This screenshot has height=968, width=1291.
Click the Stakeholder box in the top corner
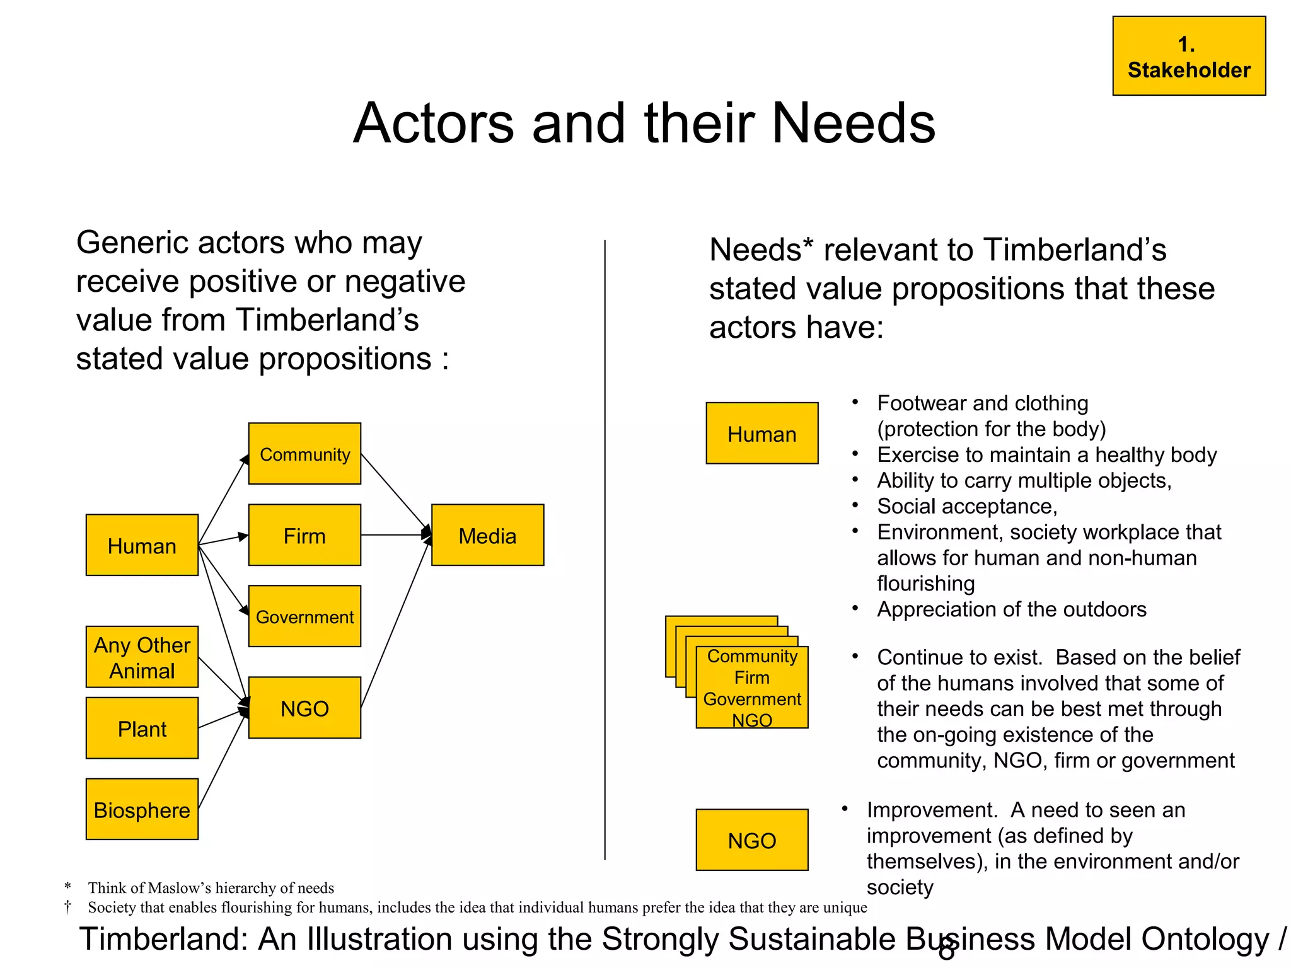click(1188, 56)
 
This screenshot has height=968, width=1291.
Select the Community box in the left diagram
click(304, 454)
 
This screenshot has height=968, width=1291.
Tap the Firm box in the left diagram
click(304, 535)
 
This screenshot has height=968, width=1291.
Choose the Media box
click(487, 535)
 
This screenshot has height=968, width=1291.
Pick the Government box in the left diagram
click(304, 616)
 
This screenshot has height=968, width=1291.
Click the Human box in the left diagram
click(142, 545)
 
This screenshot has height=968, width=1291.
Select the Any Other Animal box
click(142, 657)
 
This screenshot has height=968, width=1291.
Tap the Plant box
click(142, 728)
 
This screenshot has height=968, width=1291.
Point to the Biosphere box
click(142, 809)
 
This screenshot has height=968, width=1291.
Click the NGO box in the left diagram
click(304, 708)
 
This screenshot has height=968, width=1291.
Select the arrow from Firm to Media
click(394, 535)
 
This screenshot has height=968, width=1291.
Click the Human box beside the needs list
click(761, 434)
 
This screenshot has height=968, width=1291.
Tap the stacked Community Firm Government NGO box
click(751, 687)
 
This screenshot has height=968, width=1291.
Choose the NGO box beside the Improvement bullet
click(751, 840)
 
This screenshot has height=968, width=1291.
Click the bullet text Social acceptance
click(966, 506)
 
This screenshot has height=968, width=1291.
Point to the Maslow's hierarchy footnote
click(211, 888)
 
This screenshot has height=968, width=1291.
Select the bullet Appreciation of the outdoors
click(1011, 609)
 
